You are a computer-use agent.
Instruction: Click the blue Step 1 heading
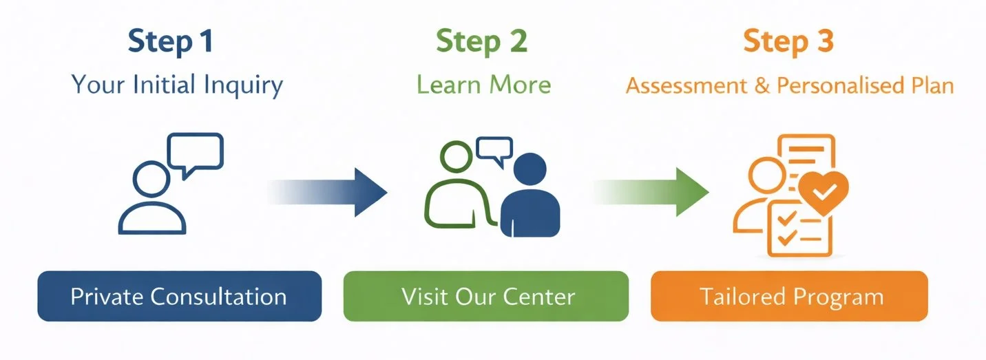pyautogui.click(x=171, y=42)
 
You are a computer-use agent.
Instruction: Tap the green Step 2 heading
pyautogui.click(x=482, y=42)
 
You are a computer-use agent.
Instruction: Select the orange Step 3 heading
pyautogui.click(x=788, y=42)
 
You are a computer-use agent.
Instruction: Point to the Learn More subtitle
pyautogui.click(x=483, y=85)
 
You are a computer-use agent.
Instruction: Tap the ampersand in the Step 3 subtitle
pyautogui.click(x=762, y=87)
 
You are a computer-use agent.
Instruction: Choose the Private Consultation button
pyautogui.click(x=179, y=297)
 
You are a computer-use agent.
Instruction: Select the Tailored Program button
pyautogui.click(x=790, y=297)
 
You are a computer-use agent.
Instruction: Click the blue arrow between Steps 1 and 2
pyautogui.click(x=331, y=191)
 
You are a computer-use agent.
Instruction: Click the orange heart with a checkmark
pyautogui.click(x=823, y=188)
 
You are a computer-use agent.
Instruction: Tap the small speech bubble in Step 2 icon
pyautogui.click(x=495, y=149)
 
